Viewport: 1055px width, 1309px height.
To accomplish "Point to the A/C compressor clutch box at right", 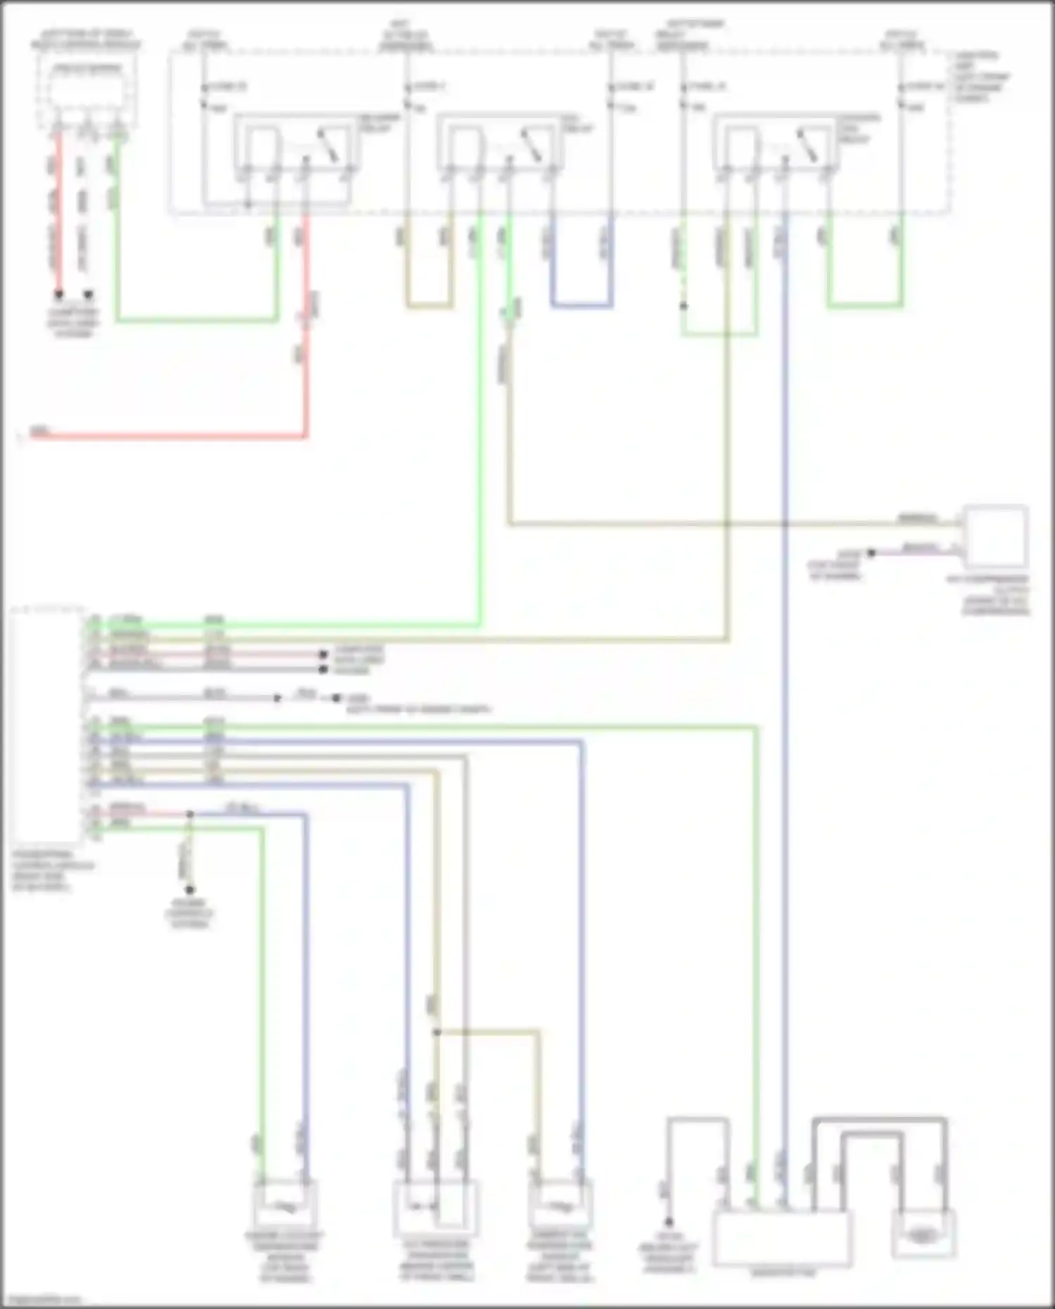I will pyautogui.click(x=995, y=536).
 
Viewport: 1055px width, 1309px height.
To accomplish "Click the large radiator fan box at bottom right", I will pyautogui.click(x=782, y=1238).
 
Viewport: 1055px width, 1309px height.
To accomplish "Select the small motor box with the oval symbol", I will pyautogui.click(x=923, y=1233).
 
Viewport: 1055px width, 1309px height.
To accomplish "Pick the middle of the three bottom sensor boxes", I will pyautogui.click(x=435, y=1207).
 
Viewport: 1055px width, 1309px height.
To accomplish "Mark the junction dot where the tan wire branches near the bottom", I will pyautogui.click(x=437, y=1033).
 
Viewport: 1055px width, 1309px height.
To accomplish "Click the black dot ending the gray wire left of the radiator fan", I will pyautogui.click(x=669, y=1222).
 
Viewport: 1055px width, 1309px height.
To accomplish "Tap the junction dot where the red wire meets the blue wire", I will pyautogui.click(x=190, y=815).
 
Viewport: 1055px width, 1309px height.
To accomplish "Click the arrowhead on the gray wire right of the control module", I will pyautogui.click(x=278, y=698).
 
